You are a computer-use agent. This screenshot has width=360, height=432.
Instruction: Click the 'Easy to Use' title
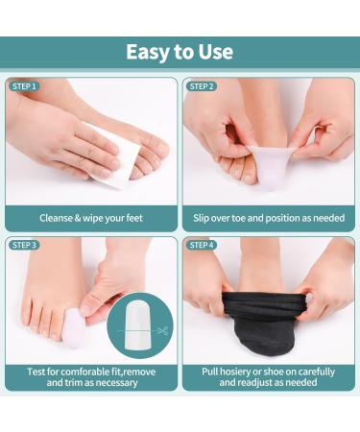[x=180, y=52]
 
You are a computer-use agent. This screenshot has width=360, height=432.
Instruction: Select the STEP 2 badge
[x=203, y=86]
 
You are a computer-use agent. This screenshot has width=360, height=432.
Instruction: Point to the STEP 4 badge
[x=203, y=245]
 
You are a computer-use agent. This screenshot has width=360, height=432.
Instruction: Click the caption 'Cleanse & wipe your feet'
[x=91, y=218]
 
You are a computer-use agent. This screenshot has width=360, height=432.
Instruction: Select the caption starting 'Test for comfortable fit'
[x=91, y=377]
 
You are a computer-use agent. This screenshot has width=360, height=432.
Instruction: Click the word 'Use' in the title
[x=214, y=52]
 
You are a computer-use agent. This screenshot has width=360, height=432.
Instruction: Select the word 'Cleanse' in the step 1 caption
[x=58, y=218]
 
